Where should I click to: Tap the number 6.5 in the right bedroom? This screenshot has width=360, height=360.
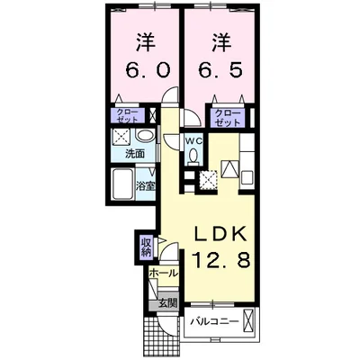(219, 70)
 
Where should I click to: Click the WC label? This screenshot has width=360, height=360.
(194, 140)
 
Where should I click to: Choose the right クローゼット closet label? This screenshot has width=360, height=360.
(227, 115)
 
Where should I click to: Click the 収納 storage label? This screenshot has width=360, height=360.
(146, 245)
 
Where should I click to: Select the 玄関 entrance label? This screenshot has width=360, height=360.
(167, 303)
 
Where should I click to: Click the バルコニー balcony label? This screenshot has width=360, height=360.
(214, 321)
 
